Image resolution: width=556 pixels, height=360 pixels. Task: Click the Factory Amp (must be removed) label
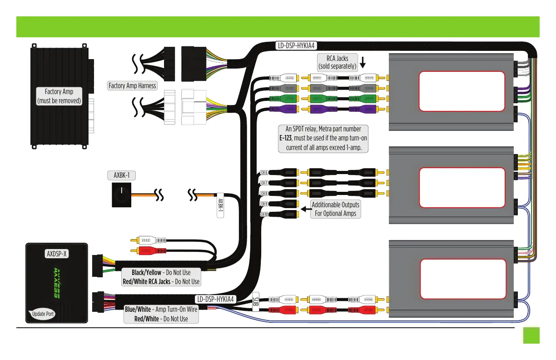click(59, 96)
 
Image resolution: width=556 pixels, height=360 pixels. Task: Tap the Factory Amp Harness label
click(132, 85)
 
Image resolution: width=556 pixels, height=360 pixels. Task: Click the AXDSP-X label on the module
click(57, 254)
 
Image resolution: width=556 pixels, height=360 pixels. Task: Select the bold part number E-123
click(285, 138)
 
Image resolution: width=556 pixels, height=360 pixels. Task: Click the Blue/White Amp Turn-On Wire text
click(161, 310)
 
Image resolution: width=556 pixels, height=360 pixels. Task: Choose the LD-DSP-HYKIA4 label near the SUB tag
click(216, 299)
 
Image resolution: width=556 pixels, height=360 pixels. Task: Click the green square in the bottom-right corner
click(531, 335)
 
